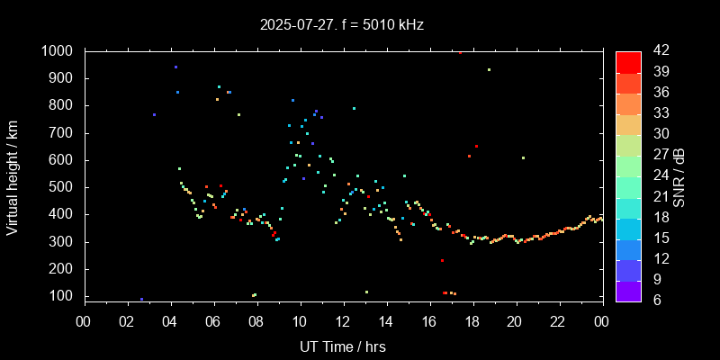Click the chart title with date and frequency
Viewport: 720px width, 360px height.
341,25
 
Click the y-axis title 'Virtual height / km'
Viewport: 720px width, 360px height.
13,174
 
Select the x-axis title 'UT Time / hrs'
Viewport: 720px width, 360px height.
342,346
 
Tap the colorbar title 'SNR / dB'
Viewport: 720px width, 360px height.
679,175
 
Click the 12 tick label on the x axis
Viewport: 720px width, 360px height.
343,320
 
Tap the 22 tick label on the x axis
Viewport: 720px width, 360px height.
559,320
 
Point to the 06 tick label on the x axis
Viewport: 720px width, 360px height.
213,320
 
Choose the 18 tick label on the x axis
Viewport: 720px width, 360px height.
472,320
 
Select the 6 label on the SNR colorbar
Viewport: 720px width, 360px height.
653,300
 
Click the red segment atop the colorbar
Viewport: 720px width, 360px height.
628,61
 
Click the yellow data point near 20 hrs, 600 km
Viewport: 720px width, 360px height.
523,157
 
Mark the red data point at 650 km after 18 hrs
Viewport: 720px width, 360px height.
476,146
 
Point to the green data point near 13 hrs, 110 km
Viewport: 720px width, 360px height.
366,292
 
